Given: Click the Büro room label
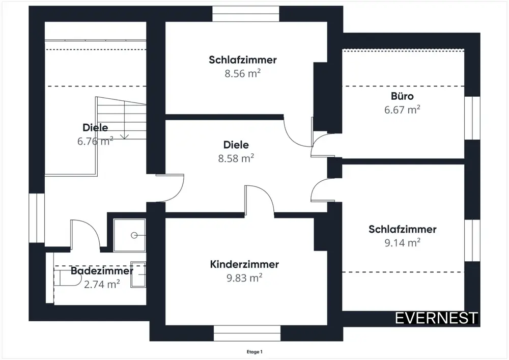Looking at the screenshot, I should pos(402,96).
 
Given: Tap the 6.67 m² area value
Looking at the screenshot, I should pos(402,109).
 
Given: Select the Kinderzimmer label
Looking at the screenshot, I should pos(244,264).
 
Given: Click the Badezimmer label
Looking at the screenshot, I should pos(102,271).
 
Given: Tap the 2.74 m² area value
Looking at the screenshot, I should pos(102,284).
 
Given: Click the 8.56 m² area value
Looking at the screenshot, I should pos(243,73).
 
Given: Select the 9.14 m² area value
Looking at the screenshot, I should pos(402,243).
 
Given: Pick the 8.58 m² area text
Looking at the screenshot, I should pos(236,158).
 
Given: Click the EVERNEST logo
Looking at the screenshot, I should pos(437,318).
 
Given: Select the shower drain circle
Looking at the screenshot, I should pos(134,235).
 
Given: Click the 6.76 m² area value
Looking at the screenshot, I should pos(95,141).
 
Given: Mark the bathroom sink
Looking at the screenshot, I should pos(138,275).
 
